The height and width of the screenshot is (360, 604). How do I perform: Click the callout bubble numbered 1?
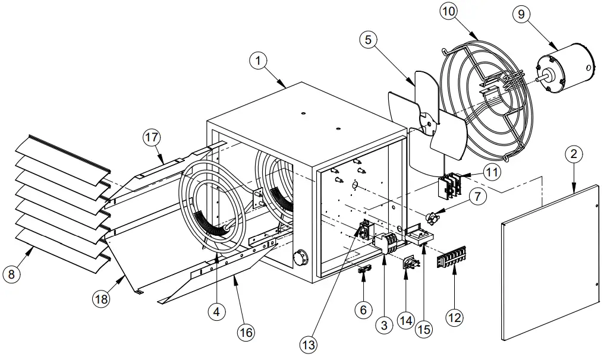(257, 61)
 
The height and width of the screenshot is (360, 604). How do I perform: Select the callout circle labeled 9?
(521, 14)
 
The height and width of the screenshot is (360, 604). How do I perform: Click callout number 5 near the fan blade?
(369, 40)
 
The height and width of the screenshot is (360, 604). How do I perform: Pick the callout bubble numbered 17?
(152, 137)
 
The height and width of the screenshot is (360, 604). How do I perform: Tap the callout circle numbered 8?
(11, 274)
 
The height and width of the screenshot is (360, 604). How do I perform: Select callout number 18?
(102, 299)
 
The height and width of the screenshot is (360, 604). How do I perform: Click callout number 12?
(454, 318)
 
